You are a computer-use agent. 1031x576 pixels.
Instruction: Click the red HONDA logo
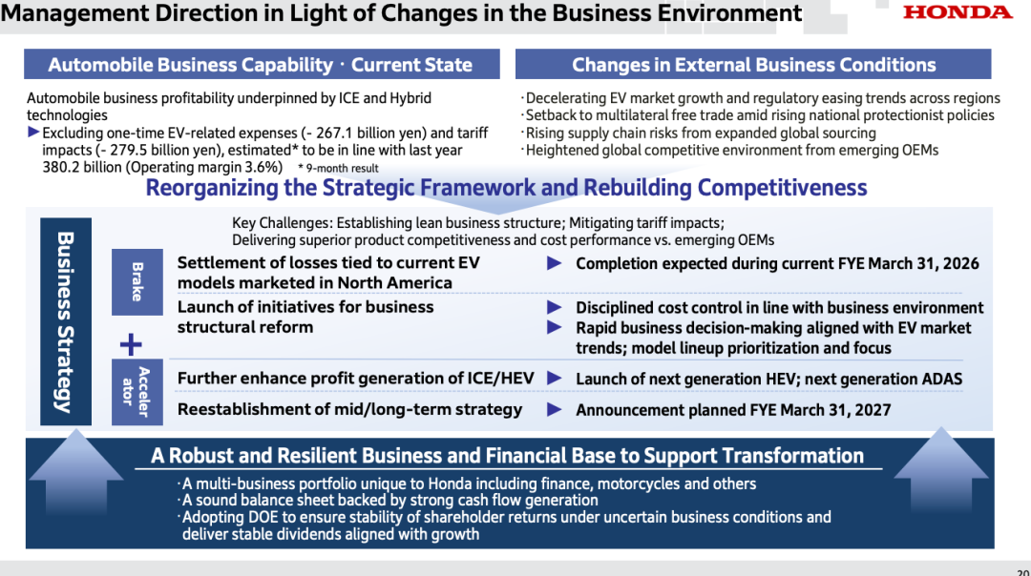(957, 12)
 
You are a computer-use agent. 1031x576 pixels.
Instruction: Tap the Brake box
(137, 281)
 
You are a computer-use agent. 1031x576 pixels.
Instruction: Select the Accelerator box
(137, 392)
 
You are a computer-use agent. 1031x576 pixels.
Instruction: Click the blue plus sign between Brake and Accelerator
(131, 344)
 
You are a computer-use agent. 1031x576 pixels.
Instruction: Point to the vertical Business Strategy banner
(66, 321)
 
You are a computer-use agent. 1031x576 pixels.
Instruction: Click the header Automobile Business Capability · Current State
(262, 64)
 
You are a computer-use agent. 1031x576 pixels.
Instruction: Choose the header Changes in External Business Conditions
(753, 64)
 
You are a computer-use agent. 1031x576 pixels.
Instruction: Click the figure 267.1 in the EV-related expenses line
(335, 134)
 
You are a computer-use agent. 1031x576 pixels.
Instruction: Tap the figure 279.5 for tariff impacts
(126, 151)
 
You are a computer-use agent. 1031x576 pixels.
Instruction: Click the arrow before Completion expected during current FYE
(555, 263)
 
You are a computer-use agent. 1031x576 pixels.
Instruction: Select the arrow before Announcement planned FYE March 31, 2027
(555, 410)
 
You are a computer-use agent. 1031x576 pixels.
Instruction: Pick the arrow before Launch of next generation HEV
(555, 379)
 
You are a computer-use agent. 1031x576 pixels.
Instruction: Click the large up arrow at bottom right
(941, 470)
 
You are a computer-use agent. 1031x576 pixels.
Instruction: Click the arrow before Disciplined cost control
(555, 307)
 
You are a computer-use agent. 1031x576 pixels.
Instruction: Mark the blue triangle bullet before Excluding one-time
(33, 132)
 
